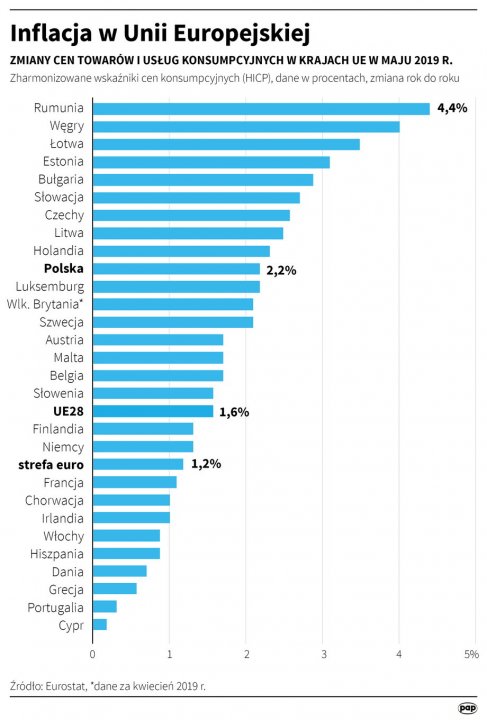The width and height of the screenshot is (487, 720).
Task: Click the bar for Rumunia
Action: [260, 108]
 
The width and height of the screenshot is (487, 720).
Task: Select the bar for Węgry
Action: [245, 126]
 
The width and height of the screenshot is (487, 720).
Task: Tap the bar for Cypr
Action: [99, 624]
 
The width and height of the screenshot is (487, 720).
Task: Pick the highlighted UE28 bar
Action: [152, 411]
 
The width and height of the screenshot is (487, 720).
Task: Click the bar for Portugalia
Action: [104, 606]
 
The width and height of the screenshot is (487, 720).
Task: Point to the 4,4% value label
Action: [453, 108]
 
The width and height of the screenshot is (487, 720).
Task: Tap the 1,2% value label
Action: [205, 464]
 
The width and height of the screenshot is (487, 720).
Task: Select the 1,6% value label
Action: [234, 411]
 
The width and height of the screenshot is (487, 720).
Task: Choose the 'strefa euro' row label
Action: [51, 464]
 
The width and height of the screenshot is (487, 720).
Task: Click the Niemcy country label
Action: [64, 446]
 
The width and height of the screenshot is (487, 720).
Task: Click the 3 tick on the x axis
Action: [323, 654]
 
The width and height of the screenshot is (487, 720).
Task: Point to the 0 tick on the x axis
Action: [92, 654]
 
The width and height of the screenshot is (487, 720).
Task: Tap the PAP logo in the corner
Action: [467, 707]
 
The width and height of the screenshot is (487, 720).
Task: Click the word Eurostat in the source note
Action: [66, 687]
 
